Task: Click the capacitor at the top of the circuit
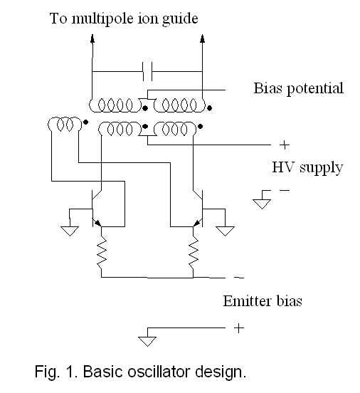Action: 147,71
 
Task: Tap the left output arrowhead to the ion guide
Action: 92,38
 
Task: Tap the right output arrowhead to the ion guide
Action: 203,38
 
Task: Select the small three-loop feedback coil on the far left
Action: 65,124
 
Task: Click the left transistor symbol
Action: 97,209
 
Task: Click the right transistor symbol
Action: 198,209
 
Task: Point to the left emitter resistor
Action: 102,252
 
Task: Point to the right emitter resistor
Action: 193,252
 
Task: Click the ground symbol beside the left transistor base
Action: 70,231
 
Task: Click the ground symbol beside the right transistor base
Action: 225,231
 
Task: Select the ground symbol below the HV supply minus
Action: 262,204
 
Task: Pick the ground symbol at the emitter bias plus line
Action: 147,341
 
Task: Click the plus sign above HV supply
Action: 285,145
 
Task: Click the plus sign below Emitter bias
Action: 239,327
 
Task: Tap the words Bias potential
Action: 298,89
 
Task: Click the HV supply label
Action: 307,168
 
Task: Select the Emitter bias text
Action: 263,300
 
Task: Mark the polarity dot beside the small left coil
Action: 85,122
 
